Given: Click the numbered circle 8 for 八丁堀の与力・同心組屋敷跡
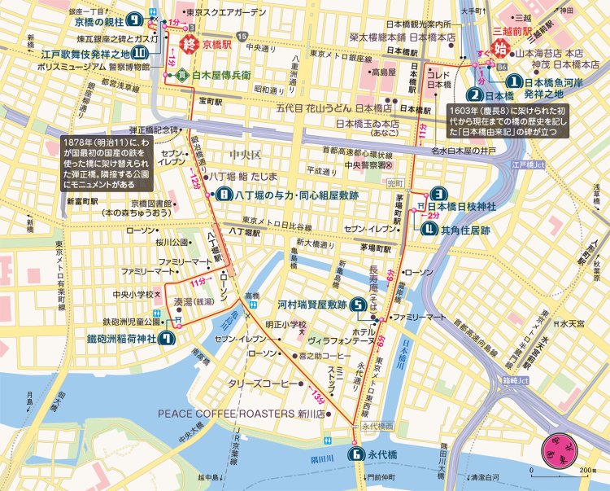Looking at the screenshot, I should (224, 195).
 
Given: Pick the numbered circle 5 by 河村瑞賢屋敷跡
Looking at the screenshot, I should (357, 306).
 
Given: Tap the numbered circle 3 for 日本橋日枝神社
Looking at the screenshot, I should (438, 194).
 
